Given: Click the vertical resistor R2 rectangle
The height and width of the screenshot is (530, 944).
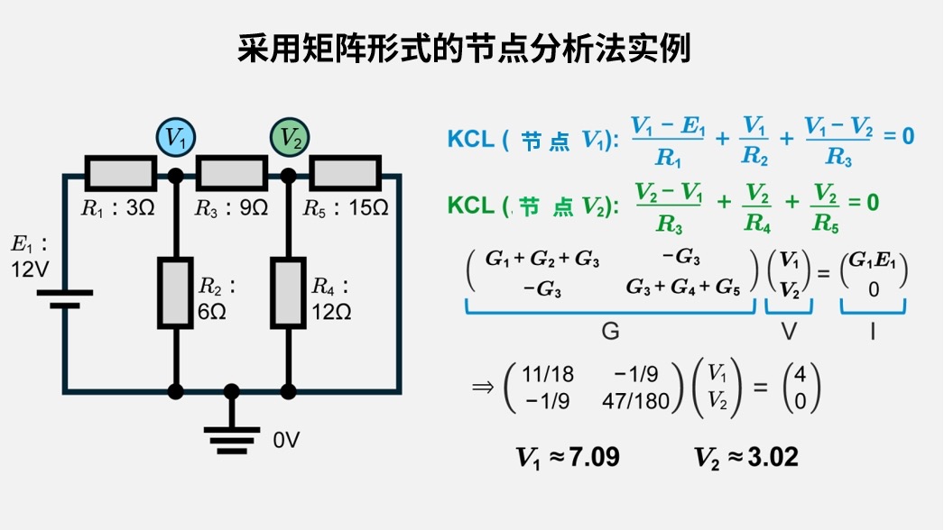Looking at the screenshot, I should tap(176, 292).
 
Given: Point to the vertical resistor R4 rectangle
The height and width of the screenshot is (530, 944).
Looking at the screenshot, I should tap(290, 292).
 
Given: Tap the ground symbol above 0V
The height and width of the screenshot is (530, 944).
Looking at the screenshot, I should tap(232, 435).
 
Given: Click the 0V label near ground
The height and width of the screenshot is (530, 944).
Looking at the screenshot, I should tap(286, 441).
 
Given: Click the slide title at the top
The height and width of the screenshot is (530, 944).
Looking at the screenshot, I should tap(464, 49).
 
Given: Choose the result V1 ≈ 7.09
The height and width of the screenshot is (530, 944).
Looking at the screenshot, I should tap(568, 458).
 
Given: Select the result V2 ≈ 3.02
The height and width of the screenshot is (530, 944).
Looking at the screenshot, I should tap(746, 458).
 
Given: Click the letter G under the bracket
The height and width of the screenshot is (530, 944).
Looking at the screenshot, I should tap(610, 332).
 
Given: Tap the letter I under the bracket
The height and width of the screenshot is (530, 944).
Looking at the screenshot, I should tap(873, 332).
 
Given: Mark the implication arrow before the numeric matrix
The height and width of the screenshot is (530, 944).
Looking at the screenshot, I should tap(485, 388).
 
